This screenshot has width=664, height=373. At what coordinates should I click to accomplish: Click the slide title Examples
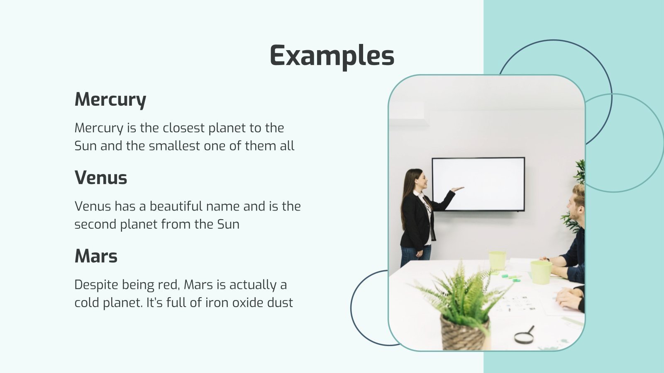332,56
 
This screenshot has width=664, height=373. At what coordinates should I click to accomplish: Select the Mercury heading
110,99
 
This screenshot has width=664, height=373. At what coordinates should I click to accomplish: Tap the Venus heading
101,178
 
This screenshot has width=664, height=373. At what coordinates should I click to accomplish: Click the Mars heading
96,256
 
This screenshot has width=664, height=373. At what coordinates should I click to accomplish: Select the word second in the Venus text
95,224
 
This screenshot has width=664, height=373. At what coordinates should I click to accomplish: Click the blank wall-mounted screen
478,184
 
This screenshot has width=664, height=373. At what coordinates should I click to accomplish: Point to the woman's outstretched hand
457,189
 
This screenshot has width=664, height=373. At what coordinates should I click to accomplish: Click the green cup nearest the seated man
541,272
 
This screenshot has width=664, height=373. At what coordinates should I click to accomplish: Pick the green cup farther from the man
497,260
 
